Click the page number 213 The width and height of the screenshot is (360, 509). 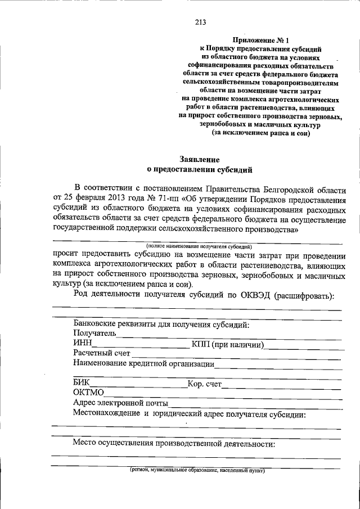200,22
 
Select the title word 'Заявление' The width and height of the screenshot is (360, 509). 200,159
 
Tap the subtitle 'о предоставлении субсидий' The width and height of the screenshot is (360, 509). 200,168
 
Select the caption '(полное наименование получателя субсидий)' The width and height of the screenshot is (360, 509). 199,246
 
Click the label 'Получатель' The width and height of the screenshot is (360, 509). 94,333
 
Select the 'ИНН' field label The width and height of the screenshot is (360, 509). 82,344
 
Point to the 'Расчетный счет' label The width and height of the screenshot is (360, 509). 102,353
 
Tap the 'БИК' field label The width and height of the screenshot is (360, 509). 82,384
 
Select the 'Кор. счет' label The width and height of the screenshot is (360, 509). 205,385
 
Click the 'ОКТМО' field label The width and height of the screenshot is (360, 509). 88,393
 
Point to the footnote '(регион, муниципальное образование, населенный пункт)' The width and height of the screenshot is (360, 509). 196,470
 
